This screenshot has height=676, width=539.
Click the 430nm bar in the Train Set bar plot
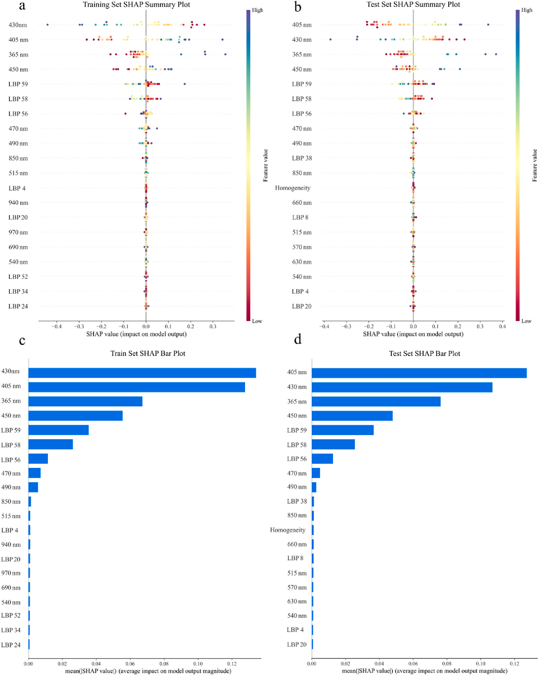point(142,373)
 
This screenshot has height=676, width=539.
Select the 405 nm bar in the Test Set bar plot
point(419,373)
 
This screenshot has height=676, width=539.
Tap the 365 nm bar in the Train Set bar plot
point(85,401)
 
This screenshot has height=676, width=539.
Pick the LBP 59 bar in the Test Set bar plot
point(343,430)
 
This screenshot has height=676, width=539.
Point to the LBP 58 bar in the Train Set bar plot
point(51,444)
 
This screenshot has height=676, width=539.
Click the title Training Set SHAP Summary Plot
point(136,4)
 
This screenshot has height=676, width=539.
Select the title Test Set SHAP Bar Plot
point(424,353)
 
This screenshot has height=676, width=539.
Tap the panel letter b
point(298,7)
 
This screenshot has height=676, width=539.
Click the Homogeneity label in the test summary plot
point(293,188)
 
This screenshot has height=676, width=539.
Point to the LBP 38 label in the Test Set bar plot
point(297,501)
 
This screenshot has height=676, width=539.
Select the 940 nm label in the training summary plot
point(18,203)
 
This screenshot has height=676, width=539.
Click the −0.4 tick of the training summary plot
point(56,327)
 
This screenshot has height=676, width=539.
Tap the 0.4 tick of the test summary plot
point(502,327)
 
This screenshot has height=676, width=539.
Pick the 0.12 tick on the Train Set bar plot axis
point(232,664)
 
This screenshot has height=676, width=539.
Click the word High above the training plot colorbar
point(257,10)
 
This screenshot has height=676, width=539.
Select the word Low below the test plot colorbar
point(526,321)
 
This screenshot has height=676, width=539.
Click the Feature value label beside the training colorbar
point(265,165)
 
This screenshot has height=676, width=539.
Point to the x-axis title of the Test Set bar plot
point(424,671)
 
